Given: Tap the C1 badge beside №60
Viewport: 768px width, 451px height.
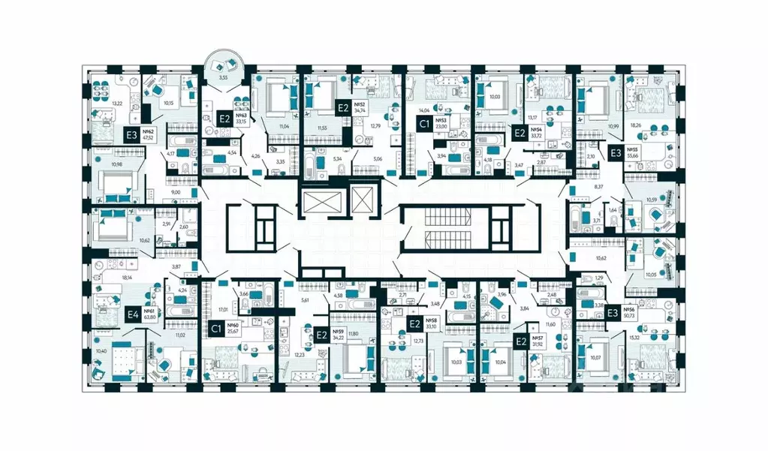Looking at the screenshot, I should click(x=215, y=328).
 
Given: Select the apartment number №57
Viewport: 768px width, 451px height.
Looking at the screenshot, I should click(x=537, y=338).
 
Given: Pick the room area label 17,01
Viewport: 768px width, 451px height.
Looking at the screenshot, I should click(x=222, y=308).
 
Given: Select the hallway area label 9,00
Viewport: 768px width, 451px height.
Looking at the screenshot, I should click(x=176, y=192).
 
